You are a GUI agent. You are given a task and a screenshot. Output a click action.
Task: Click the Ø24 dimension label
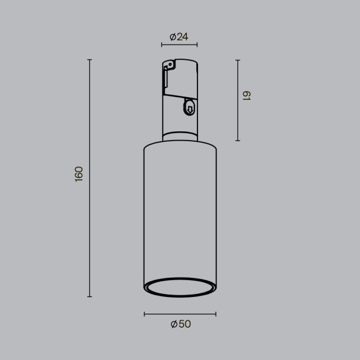coord(179,37)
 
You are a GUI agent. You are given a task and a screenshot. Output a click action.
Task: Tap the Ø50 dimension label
coord(180,324)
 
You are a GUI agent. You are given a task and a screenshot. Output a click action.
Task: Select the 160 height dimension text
coord(78,174)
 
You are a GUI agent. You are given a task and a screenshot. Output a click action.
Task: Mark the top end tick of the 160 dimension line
coord(90,60)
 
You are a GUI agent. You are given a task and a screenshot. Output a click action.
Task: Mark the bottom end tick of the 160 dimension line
coord(90,296)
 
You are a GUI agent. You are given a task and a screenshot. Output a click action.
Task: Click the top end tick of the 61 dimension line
coord(237,60)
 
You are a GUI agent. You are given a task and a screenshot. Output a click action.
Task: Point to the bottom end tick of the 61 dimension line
coord(237,141)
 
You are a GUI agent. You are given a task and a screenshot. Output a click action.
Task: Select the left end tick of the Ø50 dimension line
coord(144,314)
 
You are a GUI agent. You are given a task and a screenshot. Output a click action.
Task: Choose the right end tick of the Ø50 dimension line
coord(216,314)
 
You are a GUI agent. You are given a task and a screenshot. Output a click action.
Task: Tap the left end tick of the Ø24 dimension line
coord(162,45)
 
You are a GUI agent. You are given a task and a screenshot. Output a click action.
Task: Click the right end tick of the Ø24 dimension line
coord(197,45)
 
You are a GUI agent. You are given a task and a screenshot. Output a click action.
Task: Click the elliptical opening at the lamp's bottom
coord(180,287)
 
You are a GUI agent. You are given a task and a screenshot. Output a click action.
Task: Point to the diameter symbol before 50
coord(174,324)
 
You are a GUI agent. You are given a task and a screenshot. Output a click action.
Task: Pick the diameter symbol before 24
coord(173,37)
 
